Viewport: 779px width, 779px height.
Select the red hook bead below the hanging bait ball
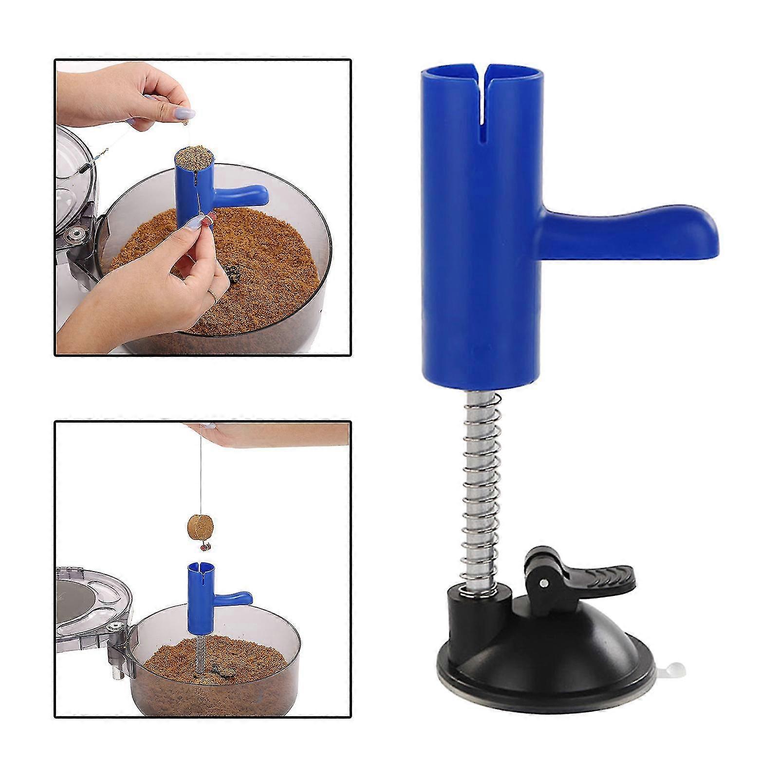[x=205, y=546]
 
